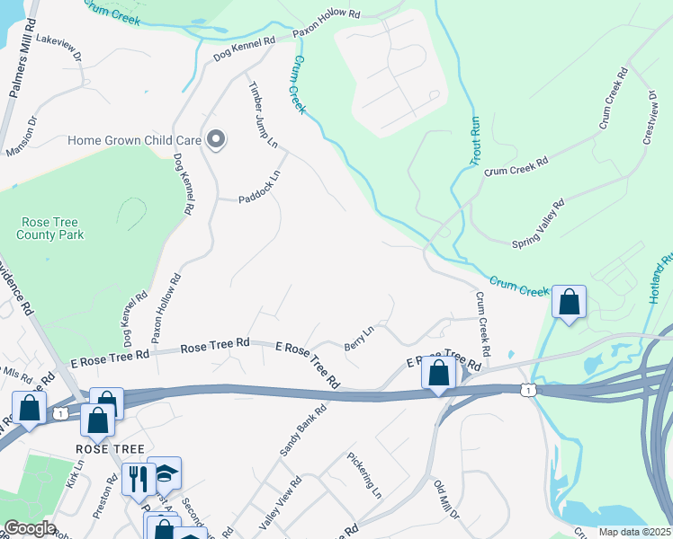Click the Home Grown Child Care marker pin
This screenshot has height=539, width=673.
click(x=216, y=139)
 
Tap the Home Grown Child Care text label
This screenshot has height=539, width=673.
click(x=136, y=141)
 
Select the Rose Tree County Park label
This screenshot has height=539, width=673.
click(x=50, y=228)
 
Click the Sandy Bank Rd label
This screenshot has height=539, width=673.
click(x=302, y=429)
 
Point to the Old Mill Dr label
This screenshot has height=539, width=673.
click(x=446, y=499)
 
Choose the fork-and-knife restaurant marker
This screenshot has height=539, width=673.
click(x=138, y=477)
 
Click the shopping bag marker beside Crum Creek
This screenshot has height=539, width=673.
click(x=569, y=302)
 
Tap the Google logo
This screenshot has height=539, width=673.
click(x=30, y=528)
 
